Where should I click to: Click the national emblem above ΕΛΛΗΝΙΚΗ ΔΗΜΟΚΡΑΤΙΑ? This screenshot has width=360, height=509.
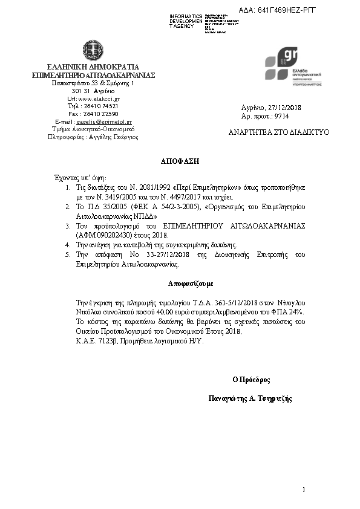tap(94, 51)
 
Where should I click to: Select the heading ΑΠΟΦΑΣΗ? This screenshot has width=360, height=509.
tap(179, 162)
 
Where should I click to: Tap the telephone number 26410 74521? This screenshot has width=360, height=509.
tap(102, 106)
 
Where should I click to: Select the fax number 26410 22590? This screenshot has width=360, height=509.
tap(102, 114)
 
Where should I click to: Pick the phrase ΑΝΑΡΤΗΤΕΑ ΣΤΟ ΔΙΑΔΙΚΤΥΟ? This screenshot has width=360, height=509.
tap(279, 132)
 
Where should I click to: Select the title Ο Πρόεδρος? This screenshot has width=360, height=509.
tap(251, 380)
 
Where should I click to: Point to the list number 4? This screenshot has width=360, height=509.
tap(68, 245)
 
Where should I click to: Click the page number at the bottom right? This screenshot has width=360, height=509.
tap(304, 488)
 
